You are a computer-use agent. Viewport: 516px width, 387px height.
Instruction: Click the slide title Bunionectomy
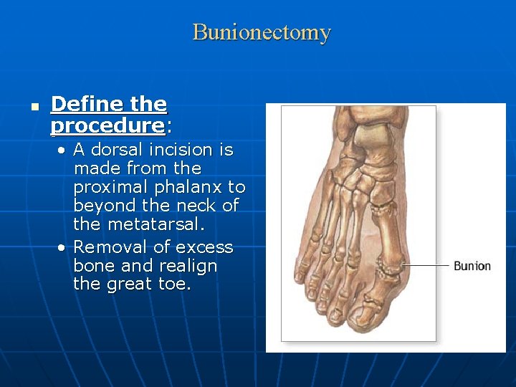tap(262, 32)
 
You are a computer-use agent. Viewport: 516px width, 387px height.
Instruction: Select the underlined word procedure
tap(107, 125)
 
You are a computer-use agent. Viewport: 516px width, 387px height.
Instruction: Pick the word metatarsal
tap(151, 224)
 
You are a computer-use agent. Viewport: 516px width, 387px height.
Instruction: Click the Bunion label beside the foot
tap(472, 266)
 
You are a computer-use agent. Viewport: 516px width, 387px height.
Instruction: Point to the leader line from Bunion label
tap(426, 266)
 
